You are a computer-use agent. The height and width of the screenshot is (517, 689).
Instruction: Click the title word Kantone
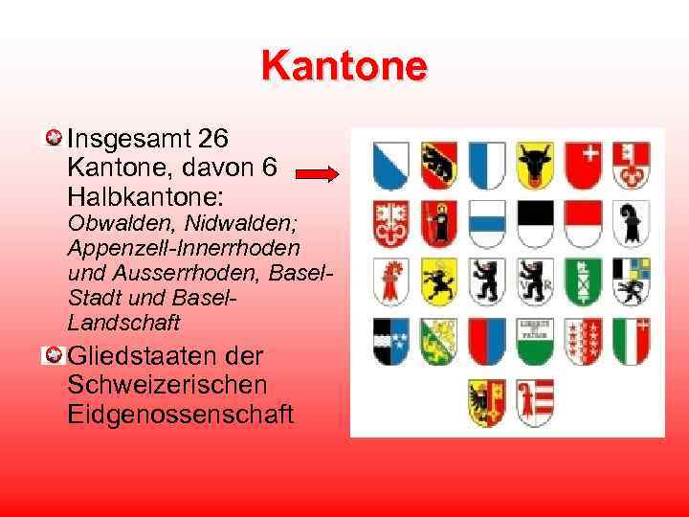(344, 67)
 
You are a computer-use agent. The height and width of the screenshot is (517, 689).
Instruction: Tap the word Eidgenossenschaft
(181, 415)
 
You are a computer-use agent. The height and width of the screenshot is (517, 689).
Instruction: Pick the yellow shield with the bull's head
(535, 165)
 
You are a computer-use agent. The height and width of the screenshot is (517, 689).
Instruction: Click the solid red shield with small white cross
(582, 165)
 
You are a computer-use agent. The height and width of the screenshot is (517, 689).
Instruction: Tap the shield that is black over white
(535, 222)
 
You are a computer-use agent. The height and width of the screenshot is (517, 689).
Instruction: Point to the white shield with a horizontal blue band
(487, 222)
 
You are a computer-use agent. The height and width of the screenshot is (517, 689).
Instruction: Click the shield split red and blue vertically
(487, 340)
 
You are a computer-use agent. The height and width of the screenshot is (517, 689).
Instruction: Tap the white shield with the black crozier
(630, 222)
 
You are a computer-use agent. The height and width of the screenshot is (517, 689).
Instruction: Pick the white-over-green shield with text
(535, 340)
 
